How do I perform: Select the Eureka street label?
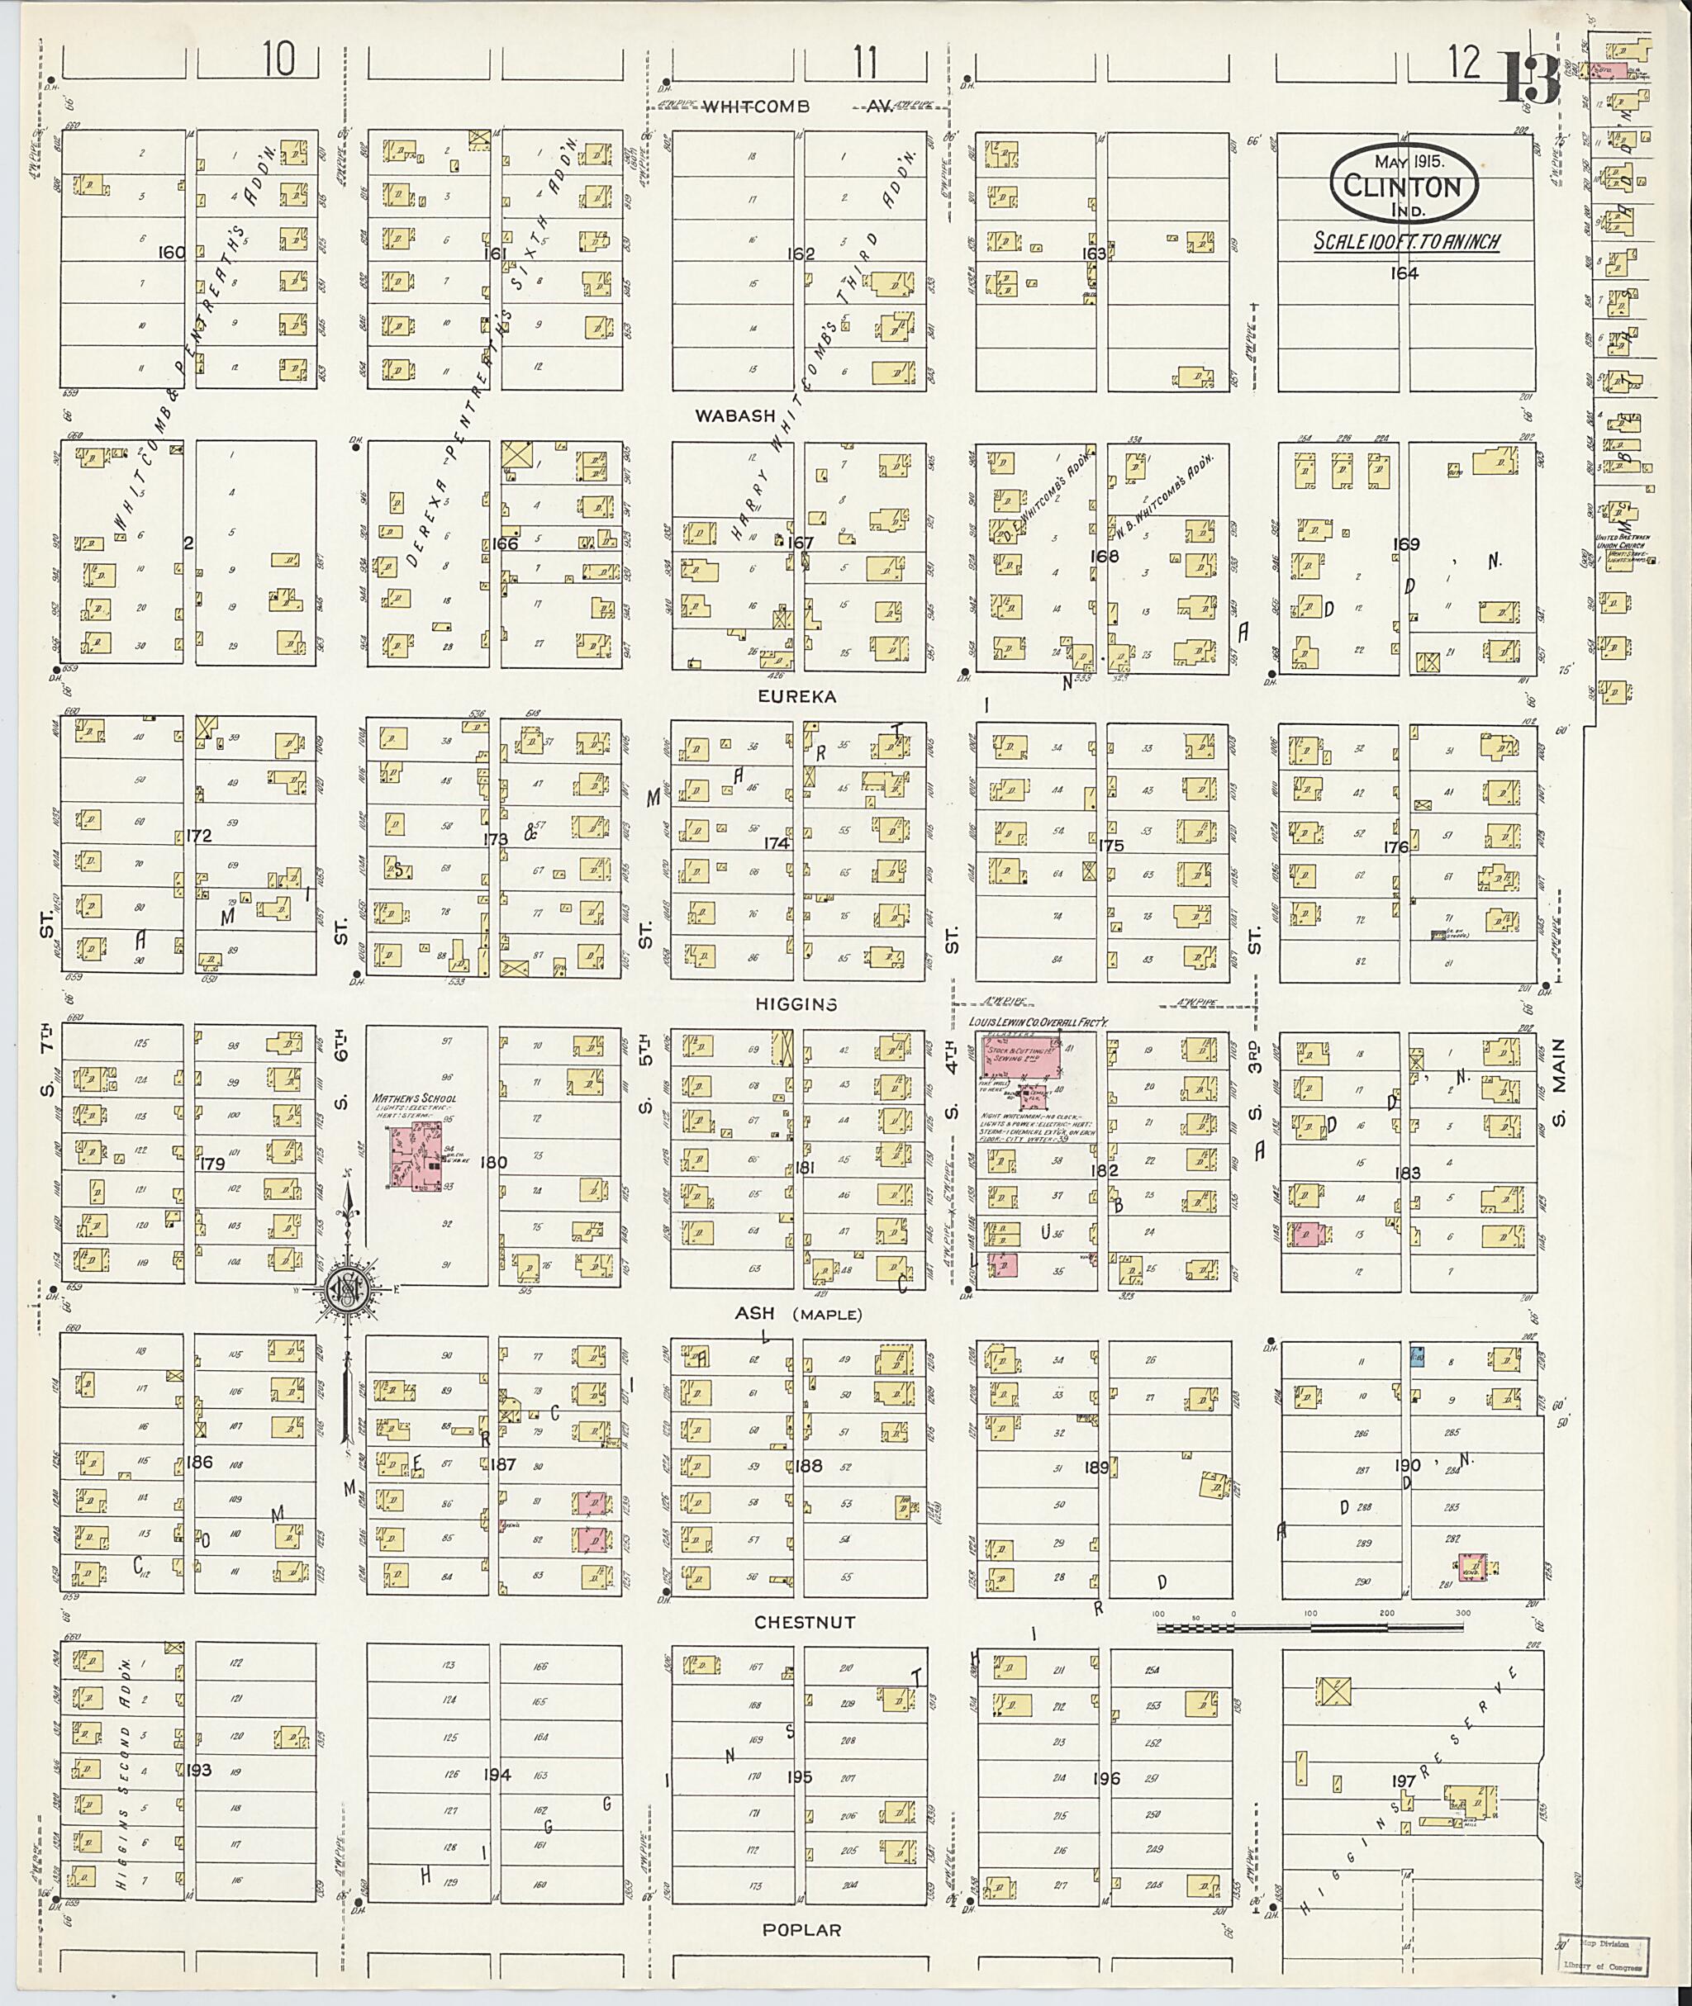(796, 697)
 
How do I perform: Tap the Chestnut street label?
(804, 1621)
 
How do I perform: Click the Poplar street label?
(803, 1929)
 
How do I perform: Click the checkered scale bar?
(1310, 1627)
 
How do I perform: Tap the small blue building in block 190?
(1416, 1356)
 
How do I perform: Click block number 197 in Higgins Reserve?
(1404, 1781)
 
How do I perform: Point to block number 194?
(498, 1774)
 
